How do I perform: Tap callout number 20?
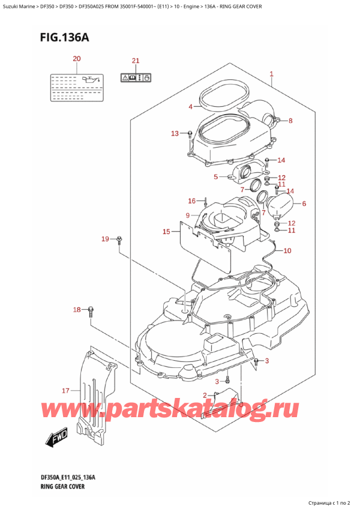(x=76, y=59)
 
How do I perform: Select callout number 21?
(x=135, y=61)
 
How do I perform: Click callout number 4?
(x=190, y=107)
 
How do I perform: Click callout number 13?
(x=175, y=133)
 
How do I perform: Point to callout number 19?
(x=105, y=239)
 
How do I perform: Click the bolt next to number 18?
(x=91, y=310)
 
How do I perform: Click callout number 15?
(x=166, y=231)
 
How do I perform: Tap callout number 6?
(x=304, y=203)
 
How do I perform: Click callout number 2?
(x=206, y=395)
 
